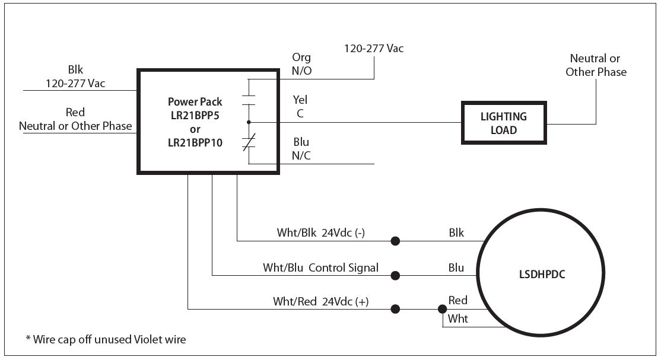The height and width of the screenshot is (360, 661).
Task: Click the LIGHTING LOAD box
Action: click(x=504, y=123)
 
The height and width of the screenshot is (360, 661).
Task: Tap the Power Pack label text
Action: click(x=195, y=101)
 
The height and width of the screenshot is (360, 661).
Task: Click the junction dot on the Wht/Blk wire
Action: click(x=395, y=241)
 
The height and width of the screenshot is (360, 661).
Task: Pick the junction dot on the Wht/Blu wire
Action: click(x=395, y=275)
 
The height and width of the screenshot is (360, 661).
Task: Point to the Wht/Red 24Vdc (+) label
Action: click(x=321, y=301)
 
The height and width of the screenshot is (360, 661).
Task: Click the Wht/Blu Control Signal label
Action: click(x=320, y=267)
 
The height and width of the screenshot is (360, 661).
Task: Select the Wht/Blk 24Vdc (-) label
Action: click(x=321, y=232)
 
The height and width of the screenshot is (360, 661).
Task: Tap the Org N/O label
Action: click(x=301, y=64)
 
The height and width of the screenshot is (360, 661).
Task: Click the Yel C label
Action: click(x=300, y=107)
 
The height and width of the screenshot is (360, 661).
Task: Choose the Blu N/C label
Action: click(x=301, y=149)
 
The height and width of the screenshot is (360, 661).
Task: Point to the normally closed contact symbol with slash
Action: click(x=249, y=143)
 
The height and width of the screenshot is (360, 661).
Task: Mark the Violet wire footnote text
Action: click(x=106, y=339)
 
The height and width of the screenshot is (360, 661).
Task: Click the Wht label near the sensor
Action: click(x=457, y=318)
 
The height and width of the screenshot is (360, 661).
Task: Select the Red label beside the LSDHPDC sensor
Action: click(x=457, y=300)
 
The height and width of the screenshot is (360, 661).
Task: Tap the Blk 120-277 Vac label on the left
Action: click(x=75, y=76)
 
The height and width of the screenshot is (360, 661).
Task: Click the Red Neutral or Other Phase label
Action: click(x=75, y=119)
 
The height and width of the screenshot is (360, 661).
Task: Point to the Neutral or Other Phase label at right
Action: click(x=596, y=65)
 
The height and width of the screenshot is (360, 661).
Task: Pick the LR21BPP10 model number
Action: click(x=195, y=142)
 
